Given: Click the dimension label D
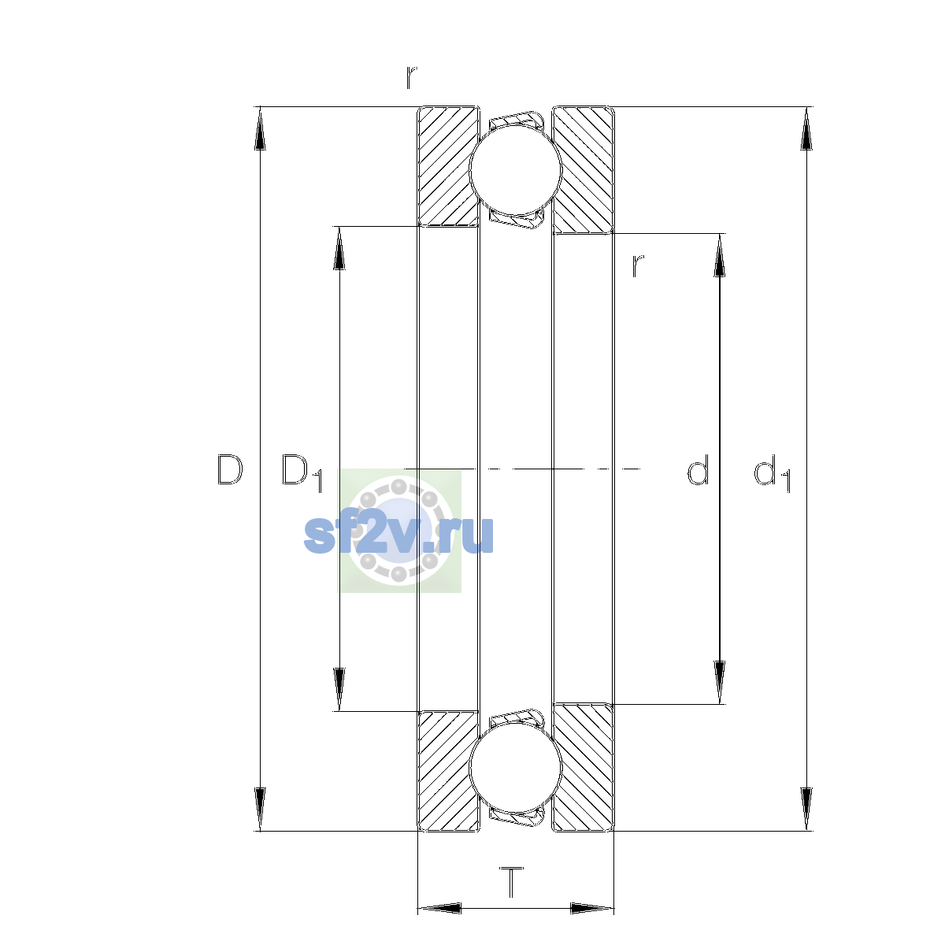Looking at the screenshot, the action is (229, 470).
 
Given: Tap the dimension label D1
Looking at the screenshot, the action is (302, 472).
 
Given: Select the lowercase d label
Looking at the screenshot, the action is (698, 469).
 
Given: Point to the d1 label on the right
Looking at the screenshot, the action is (772, 472).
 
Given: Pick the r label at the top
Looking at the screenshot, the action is (411, 77).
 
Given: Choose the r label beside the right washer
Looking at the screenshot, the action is (638, 266).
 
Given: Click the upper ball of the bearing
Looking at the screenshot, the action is (516, 169).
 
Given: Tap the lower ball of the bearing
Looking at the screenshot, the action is (515, 769).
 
